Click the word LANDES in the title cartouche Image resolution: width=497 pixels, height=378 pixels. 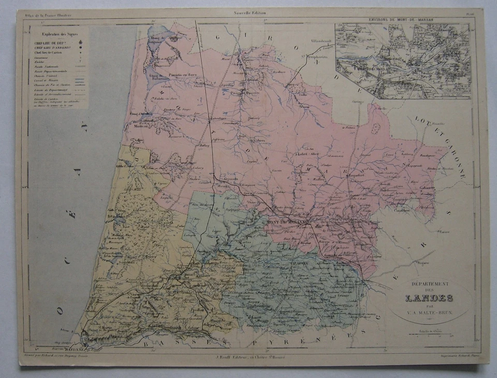pos(429,298)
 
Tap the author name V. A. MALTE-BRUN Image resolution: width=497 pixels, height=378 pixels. pos(429,312)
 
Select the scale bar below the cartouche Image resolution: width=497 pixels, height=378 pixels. pos(429,334)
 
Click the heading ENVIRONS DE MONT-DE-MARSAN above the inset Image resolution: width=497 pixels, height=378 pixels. pos(402,19)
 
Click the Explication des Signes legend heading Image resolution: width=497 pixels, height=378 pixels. pos(56,33)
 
